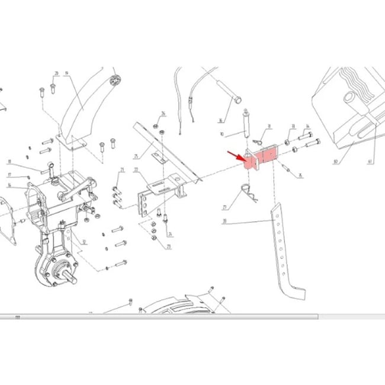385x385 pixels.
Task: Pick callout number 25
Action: coord(136,156)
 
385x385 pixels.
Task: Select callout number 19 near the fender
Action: coord(66,73)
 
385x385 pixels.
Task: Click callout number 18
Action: coord(9,162)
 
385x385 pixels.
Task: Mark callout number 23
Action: coord(168,246)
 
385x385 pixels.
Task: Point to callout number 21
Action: coord(121,171)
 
